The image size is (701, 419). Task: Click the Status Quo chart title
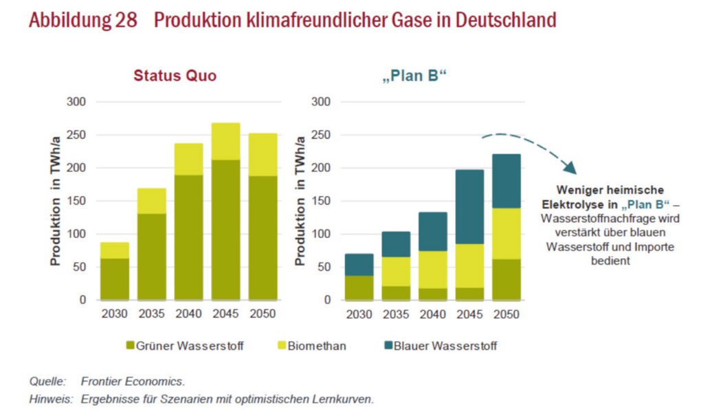click(x=175, y=76)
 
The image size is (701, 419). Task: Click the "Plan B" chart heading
click(x=414, y=76)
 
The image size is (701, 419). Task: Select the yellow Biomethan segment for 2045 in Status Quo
click(x=225, y=141)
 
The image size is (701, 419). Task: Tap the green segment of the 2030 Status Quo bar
click(x=114, y=279)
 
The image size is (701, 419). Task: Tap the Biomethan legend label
click(x=318, y=346)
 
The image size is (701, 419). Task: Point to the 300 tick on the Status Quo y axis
click(x=76, y=102)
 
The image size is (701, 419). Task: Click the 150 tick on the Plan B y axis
click(x=322, y=201)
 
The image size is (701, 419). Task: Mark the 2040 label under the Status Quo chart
click(x=188, y=314)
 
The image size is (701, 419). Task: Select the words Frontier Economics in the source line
click(x=133, y=380)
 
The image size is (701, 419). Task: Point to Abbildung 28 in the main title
click(x=82, y=20)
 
